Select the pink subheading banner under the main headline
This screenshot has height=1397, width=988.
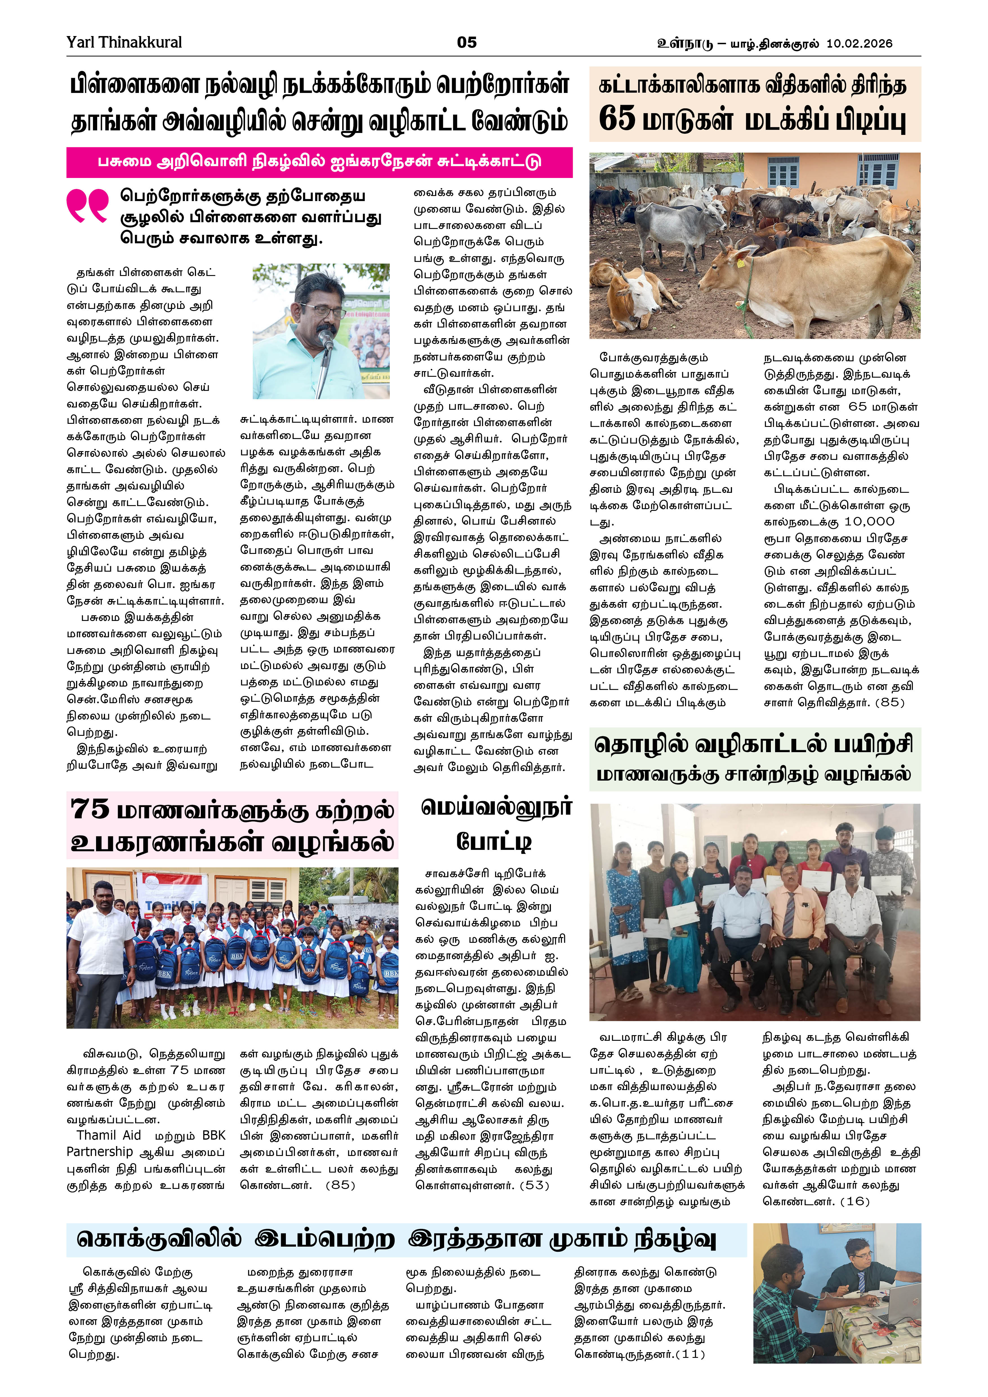click(319, 162)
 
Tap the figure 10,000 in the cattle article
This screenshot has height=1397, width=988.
click(869, 522)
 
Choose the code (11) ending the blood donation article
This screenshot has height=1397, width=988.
click(689, 1354)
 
